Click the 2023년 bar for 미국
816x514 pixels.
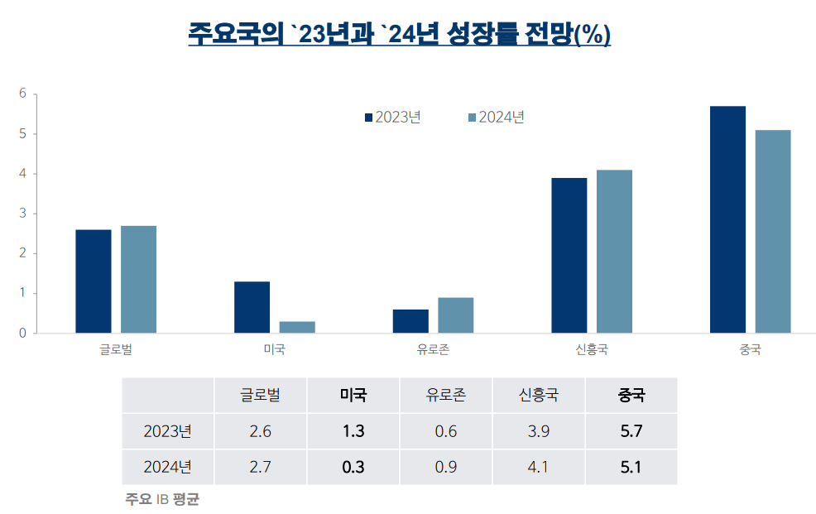click(252, 307)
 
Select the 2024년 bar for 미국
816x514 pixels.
click(297, 327)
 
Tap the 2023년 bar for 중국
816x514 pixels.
click(727, 219)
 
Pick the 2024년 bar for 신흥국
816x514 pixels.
click(614, 252)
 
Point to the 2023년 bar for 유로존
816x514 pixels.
click(410, 321)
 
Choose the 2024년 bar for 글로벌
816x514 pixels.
click(138, 279)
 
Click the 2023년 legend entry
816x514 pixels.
click(393, 118)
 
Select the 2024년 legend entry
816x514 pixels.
click(497, 118)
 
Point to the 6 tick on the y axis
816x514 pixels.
click(23, 94)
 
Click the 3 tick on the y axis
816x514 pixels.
click(23, 214)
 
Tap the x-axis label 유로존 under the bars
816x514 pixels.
click(433, 349)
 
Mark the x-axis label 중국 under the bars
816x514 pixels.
click(750, 349)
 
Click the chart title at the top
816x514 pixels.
click(399, 35)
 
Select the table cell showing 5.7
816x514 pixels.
click(631, 431)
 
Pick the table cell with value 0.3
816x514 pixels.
click(353, 468)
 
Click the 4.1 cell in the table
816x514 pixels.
click(538, 468)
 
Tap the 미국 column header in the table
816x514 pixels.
click(353, 395)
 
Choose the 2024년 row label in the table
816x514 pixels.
click(167, 468)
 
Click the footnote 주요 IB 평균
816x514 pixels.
click(162, 500)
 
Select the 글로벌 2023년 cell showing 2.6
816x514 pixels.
click(260, 431)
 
